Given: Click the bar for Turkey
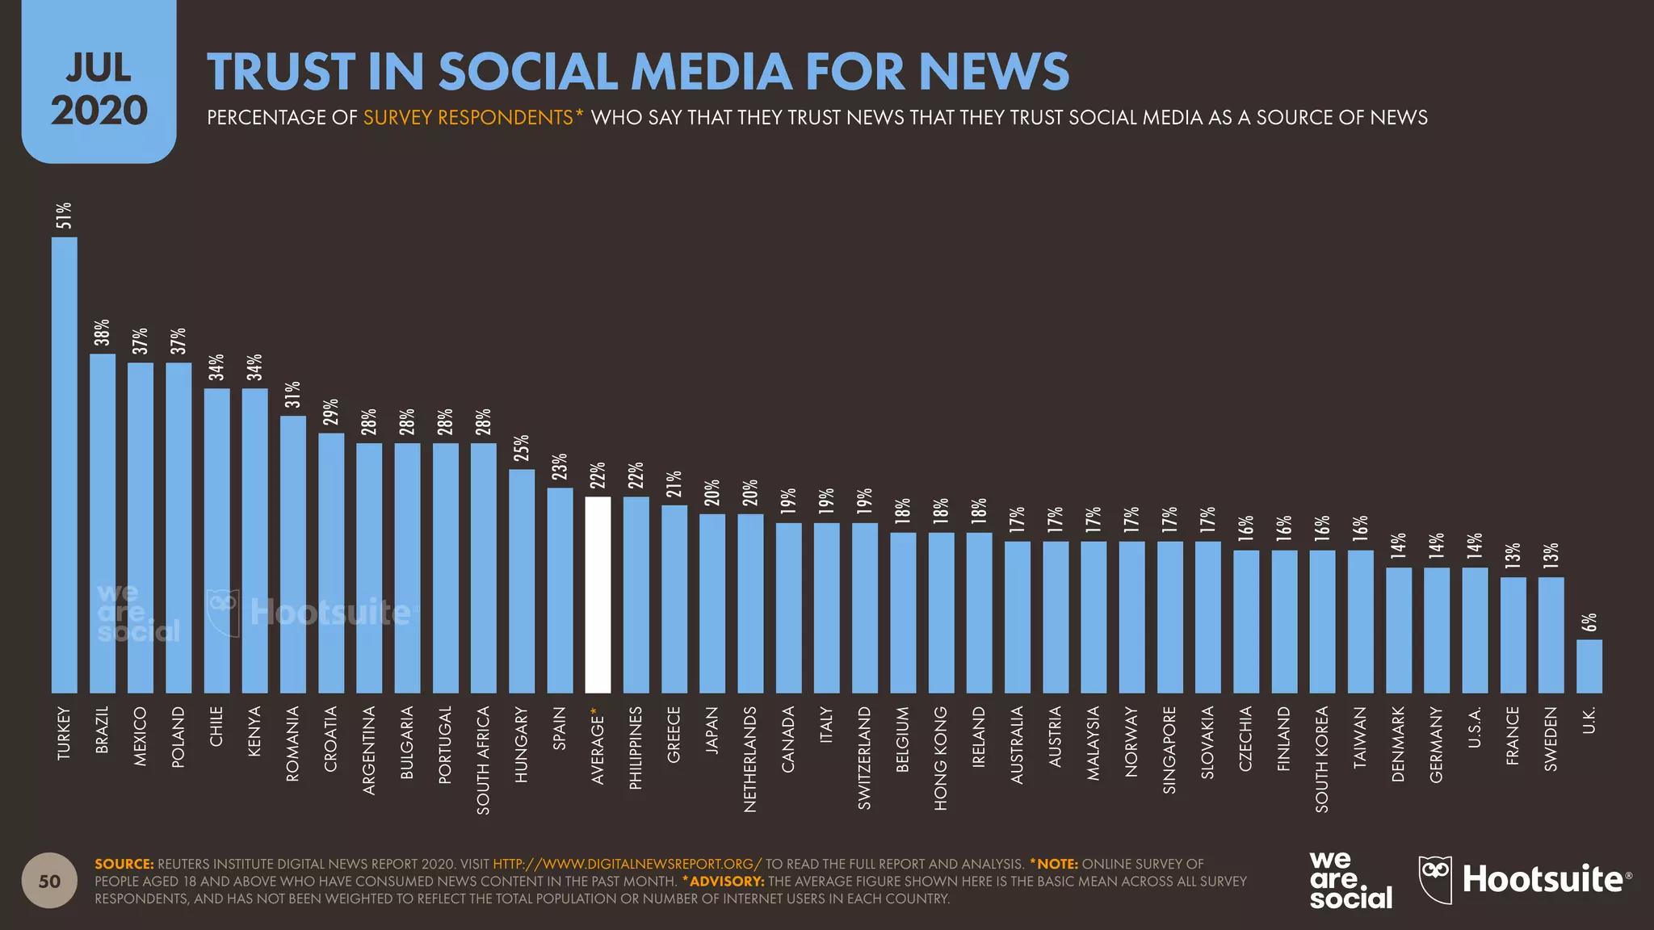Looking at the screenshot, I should pyautogui.click(x=65, y=464).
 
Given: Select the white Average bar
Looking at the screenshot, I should pyautogui.click(x=598, y=595).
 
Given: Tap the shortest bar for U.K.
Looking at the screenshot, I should pyautogui.click(x=1589, y=666).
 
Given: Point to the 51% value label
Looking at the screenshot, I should pyautogui.click(x=64, y=216).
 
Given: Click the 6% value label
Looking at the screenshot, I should pyautogui.click(x=1589, y=622).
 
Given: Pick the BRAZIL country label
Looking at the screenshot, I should pyautogui.click(x=102, y=730).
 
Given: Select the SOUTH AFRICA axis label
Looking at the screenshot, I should pyautogui.click(x=483, y=760).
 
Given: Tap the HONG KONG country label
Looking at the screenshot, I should pyautogui.click(x=940, y=758).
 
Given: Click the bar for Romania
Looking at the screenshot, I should pyautogui.click(x=293, y=554).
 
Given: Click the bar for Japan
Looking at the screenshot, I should pyautogui.click(x=712, y=603).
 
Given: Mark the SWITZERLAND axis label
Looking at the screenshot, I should pyautogui.click(x=864, y=757).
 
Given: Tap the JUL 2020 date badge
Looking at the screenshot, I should pyautogui.click(x=99, y=89).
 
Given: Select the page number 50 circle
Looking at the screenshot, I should pyautogui.click(x=49, y=881).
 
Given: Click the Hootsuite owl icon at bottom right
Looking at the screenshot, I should pyautogui.click(x=1435, y=879).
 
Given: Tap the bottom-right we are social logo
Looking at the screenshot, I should pyautogui.click(x=1350, y=881).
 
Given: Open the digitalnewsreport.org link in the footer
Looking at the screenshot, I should pyautogui.click(x=627, y=864).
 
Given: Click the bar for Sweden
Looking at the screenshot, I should pyautogui.click(x=1551, y=635).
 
